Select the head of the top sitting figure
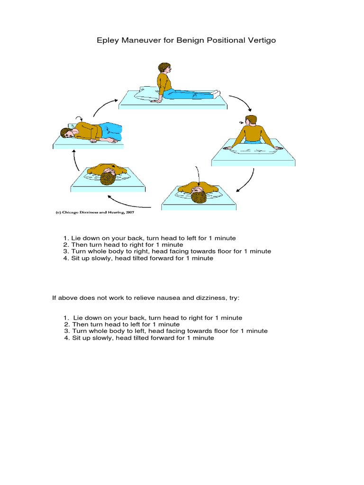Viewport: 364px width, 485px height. pyautogui.click(x=164, y=68)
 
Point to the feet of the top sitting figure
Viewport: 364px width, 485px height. pyautogui.click(x=216, y=93)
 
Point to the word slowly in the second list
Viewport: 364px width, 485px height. pyautogui.click(x=97, y=338)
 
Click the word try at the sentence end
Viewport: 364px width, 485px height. pyautogui.click(x=236, y=298)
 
